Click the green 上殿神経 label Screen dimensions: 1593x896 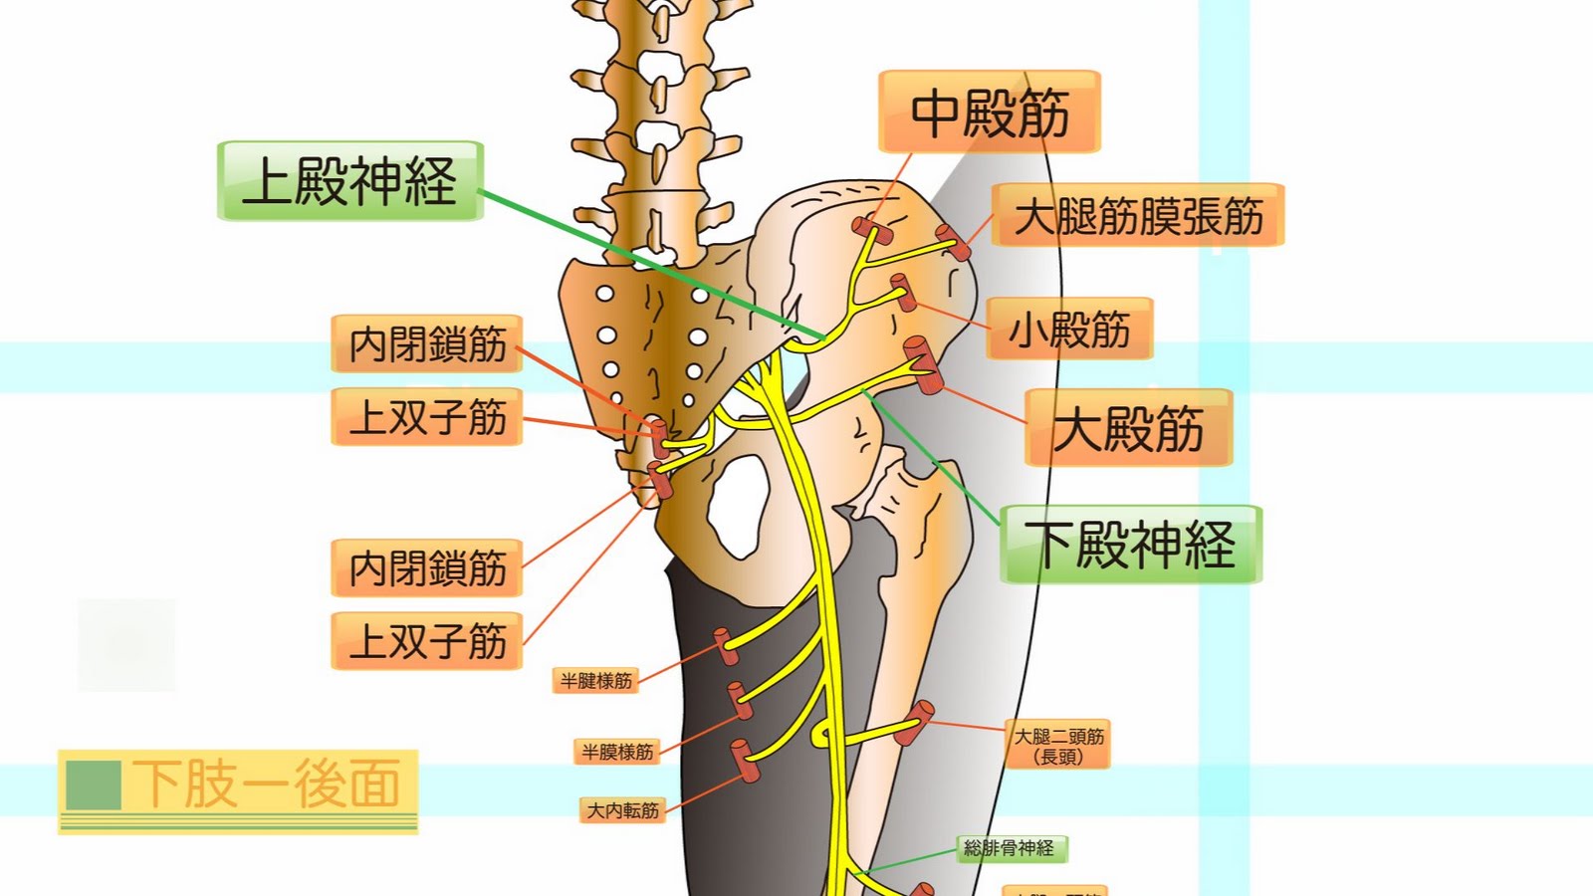click(x=350, y=181)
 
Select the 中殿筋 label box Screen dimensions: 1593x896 click(x=990, y=112)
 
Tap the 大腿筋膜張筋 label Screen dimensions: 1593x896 click(x=1138, y=215)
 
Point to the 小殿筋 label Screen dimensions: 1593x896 click(x=1069, y=329)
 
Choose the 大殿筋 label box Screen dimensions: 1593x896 click(x=1129, y=428)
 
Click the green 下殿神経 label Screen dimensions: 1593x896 click(x=1131, y=545)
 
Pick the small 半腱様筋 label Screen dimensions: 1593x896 click(x=595, y=681)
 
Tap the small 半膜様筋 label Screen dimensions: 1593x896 click(x=617, y=752)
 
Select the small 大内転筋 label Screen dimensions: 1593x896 click(x=622, y=810)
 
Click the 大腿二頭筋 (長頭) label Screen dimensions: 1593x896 click(x=1058, y=746)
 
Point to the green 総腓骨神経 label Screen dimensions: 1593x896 click(x=1010, y=848)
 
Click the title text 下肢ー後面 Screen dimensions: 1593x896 click(x=267, y=784)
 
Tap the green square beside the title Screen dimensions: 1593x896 click(x=94, y=784)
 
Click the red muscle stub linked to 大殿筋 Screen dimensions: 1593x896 click(x=922, y=365)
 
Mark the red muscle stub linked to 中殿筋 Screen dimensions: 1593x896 click(x=870, y=230)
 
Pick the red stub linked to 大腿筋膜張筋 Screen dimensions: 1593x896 click(x=953, y=242)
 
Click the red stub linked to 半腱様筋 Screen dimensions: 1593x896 click(x=727, y=646)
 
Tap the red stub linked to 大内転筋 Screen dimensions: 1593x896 click(x=745, y=761)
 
